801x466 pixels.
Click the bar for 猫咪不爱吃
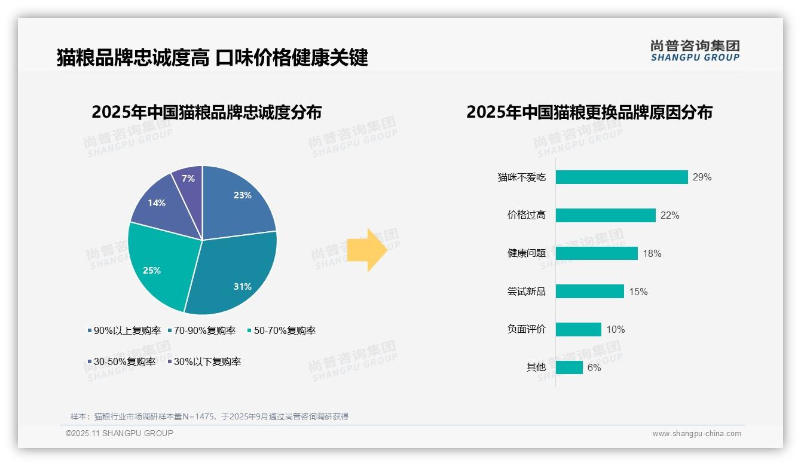click(x=622, y=177)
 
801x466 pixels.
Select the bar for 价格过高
click(x=606, y=215)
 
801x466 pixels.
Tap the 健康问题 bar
click(x=597, y=253)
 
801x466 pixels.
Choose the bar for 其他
click(x=569, y=367)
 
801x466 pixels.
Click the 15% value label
click(x=638, y=292)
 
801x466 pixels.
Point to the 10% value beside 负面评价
click(x=616, y=329)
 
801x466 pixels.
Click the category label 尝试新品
click(x=527, y=292)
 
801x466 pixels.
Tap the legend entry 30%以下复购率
click(x=207, y=361)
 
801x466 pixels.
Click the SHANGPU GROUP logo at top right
click(x=695, y=51)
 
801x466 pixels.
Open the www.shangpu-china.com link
click(x=696, y=434)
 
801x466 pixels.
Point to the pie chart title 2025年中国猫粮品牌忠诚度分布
click(x=207, y=112)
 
